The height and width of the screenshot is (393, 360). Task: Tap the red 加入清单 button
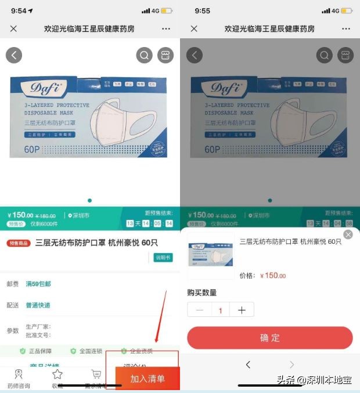coord(147,378)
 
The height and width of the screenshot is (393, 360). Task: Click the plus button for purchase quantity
coord(242,310)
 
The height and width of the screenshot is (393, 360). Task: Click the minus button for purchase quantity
coord(200,310)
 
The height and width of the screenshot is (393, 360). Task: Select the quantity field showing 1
coord(221,310)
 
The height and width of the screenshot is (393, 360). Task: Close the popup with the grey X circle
coord(348,235)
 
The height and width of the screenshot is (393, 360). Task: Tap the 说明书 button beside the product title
coord(163,257)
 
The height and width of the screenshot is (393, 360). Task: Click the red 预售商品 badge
coord(19,243)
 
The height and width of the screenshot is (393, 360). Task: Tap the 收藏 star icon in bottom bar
coord(57,377)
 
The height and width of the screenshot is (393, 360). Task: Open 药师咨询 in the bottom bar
coord(19,377)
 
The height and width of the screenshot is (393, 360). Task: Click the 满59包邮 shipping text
coord(38,284)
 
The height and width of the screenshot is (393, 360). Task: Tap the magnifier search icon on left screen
coord(144,55)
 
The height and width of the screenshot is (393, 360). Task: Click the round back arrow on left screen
coord(14,55)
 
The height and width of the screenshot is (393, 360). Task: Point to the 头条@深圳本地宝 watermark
coord(314,380)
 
